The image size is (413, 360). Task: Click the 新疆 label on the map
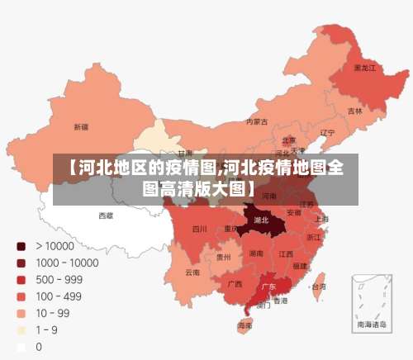click(80, 127)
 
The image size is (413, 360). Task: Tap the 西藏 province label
click(107, 215)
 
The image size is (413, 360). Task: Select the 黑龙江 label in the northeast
click(364, 68)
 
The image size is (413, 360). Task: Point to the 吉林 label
click(354, 111)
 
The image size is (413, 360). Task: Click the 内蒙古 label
click(257, 121)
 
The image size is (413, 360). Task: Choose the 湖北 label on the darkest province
click(261, 220)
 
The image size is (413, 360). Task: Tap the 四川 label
click(200, 229)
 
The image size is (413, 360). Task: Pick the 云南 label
click(192, 272)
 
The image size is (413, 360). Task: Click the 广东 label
click(268, 287)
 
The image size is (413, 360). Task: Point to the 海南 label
click(245, 326)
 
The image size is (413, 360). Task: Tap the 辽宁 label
click(327, 132)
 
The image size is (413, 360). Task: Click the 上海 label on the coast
click(321, 219)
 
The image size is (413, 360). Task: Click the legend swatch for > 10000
click(21, 246)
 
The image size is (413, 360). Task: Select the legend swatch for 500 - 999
click(21, 280)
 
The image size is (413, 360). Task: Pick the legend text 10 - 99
click(52, 314)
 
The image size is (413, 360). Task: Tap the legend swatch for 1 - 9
click(21, 330)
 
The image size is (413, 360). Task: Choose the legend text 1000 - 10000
click(67, 263)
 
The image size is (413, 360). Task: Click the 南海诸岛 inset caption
click(371, 325)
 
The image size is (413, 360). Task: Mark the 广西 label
click(235, 283)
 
